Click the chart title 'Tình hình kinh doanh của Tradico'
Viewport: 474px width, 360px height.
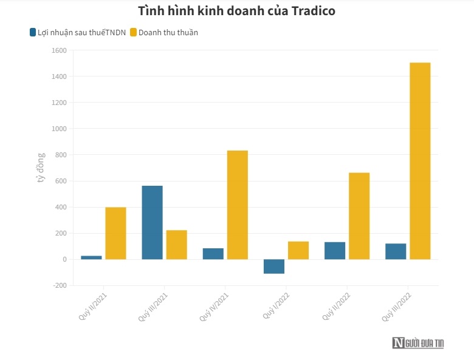click(x=236, y=11)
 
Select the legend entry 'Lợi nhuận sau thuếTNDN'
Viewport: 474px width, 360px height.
click(x=77, y=32)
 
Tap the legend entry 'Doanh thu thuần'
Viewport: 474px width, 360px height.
click(x=164, y=32)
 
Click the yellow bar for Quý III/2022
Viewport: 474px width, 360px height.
click(x=420, y=161)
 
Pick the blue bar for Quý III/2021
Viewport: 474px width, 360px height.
click(x=152, y=222)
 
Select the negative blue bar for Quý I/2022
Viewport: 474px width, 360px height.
click(x=274, y=267)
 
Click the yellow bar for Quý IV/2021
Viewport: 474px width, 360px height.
click(x=237, y=205)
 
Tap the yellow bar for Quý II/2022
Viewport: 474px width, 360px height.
click(x=359, y=216)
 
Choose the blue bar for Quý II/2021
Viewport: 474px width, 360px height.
click(x=91, y=257)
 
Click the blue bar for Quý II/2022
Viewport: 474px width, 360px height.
click(x=335, y=251)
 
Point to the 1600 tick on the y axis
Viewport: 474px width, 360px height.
click(x=58, y=50)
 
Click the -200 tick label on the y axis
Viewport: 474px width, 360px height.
click(x=58, y=285)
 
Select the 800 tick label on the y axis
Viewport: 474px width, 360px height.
click(x=60, y=155)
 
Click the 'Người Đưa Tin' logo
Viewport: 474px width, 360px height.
click(x=418, y=343)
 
